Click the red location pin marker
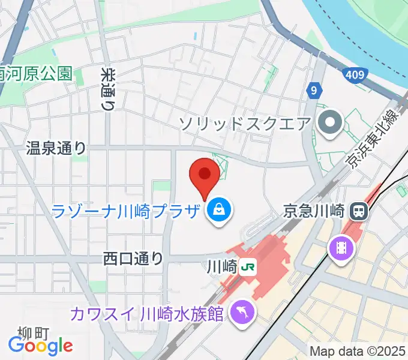point(204,176)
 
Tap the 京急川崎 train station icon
point(359,211)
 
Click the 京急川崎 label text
point(314,211)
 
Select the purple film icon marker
point(340,247)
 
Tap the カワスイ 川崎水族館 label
point(148,313)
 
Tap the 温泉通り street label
point(56,148)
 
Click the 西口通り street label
point(133,259)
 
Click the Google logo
point(41,346)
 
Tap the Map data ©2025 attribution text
point(358,351)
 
